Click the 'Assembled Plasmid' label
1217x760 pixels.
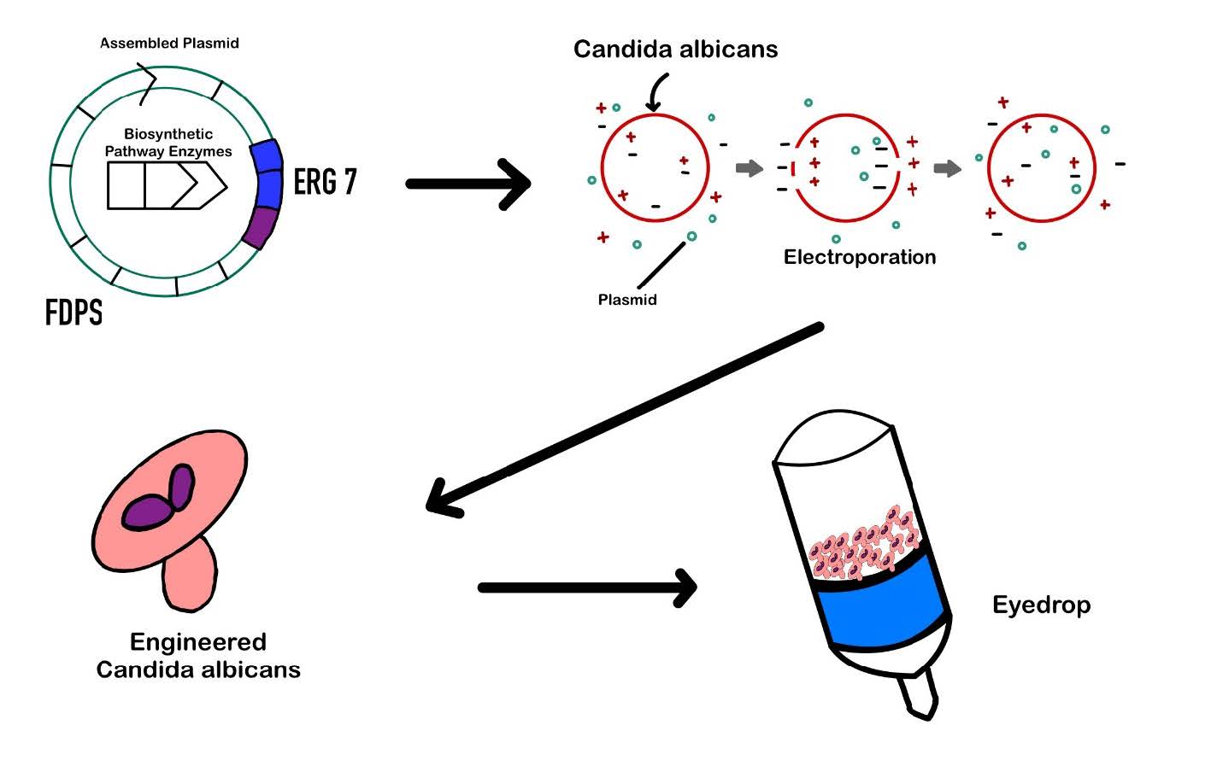click(x=169, y=43)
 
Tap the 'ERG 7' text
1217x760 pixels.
click(x=325, y=181)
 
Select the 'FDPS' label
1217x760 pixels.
click(x=73, y=313)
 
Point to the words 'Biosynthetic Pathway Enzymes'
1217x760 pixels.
click(x=168, y=143)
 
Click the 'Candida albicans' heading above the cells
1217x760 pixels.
click(x=675, y=49)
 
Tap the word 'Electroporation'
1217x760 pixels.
click(x=860, y=257)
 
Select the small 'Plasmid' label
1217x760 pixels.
click(x=627, y=300)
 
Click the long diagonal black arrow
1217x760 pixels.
click(x=624, y=418)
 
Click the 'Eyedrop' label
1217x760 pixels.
click(x=1041, y=605)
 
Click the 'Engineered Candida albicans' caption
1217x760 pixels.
click(x=198, y=655)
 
